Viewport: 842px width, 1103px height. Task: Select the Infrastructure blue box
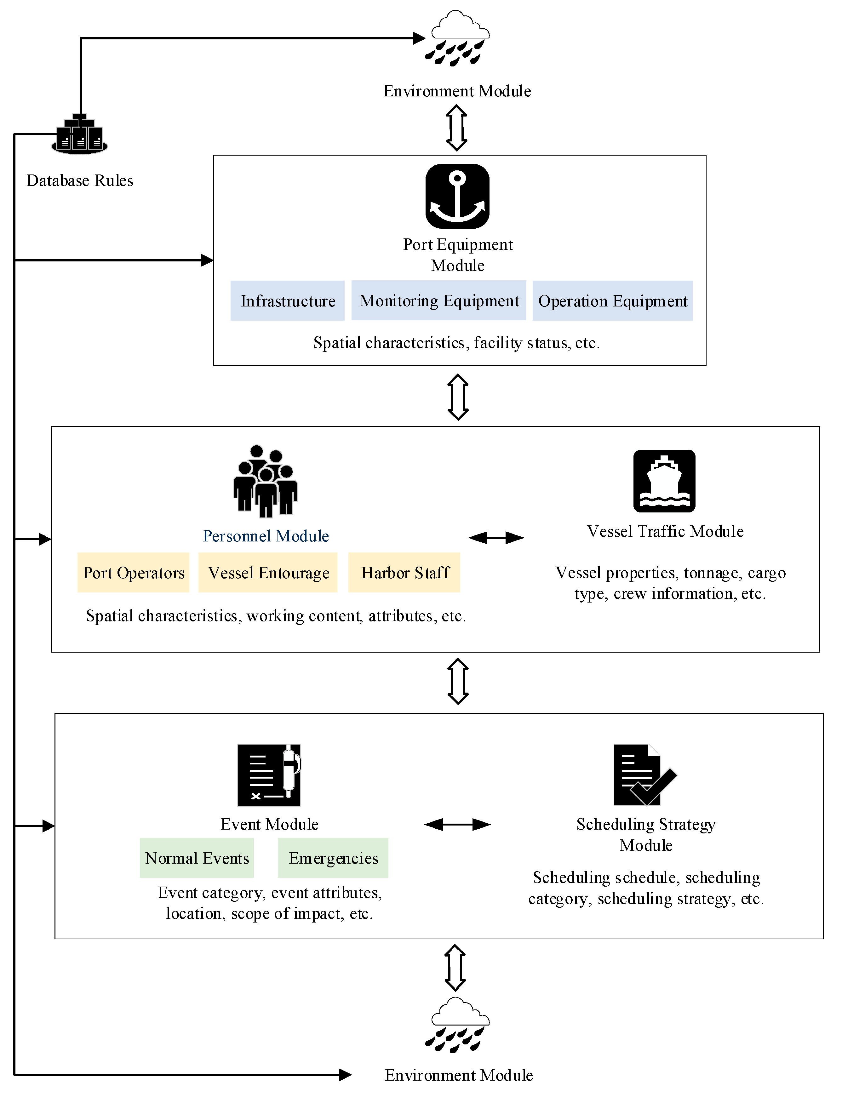pos(287,301)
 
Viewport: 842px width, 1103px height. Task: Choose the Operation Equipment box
pos(612,301)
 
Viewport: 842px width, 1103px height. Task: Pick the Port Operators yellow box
pos(133,573)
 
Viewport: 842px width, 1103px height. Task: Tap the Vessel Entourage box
pos(268,573)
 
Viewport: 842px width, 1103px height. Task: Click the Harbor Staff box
pos(404,573)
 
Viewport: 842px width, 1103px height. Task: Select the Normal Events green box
pos(197,858)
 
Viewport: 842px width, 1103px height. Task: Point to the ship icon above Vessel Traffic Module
pos(664,481)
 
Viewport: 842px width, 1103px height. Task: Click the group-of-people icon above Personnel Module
pos(266,481)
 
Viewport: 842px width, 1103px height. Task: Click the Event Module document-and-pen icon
pos(269,775)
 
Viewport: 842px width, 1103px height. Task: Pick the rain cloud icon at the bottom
pos(457,1025)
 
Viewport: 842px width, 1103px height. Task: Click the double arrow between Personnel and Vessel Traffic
pos(496,538)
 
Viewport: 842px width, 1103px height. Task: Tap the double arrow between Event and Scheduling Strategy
pos(457,824)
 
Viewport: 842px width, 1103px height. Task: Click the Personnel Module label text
pos(266,536)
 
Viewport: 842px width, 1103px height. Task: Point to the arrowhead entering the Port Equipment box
pos(207,260)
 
